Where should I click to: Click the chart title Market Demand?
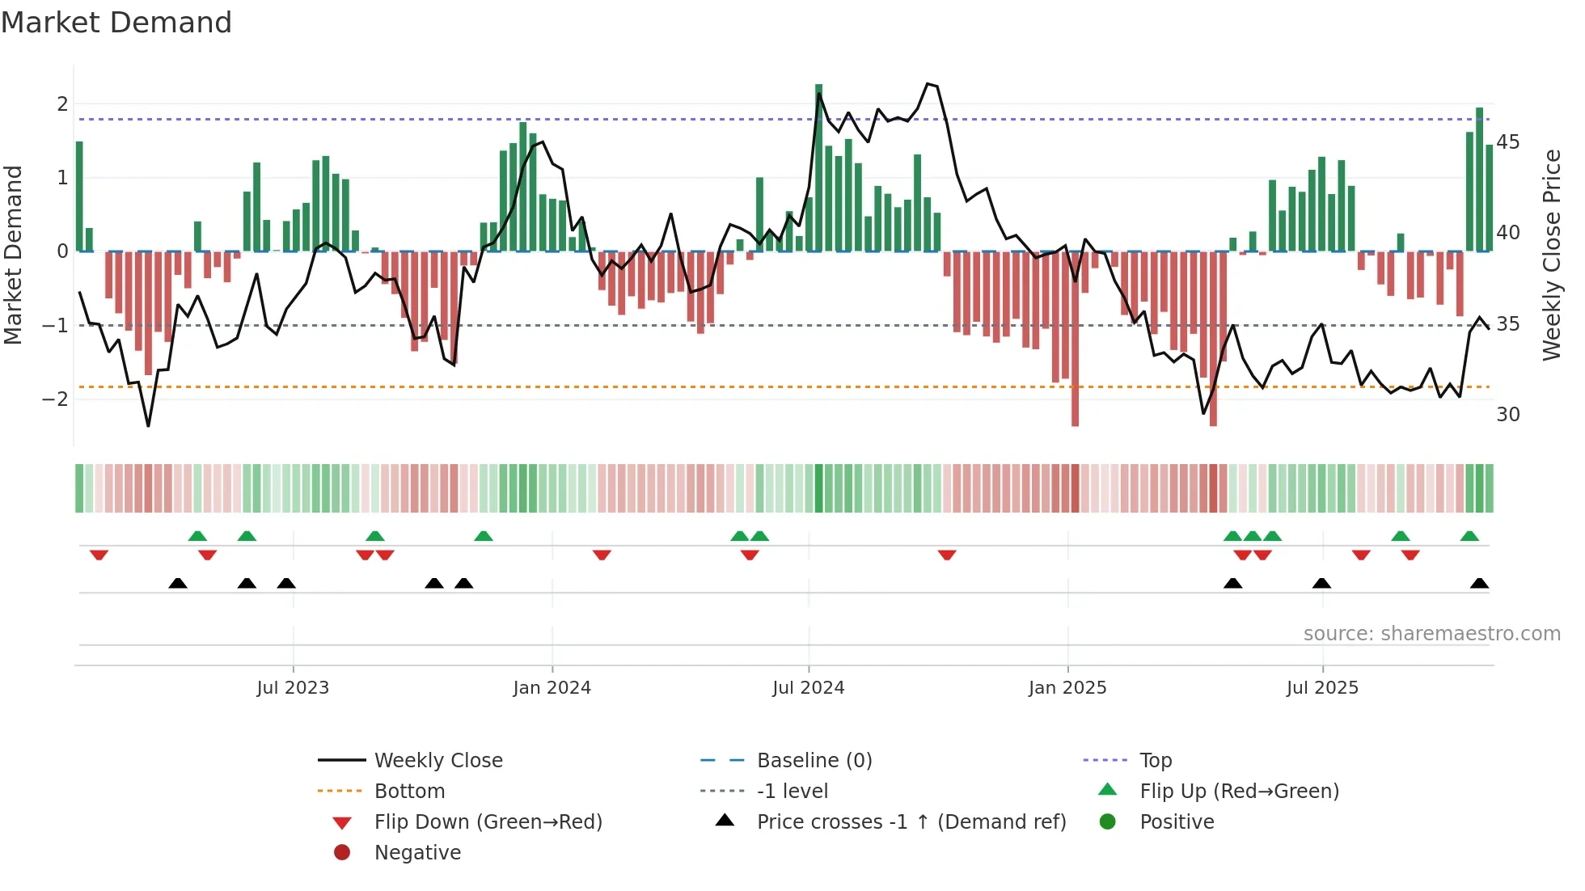pos(116,23)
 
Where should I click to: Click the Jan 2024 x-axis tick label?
pos(552,688)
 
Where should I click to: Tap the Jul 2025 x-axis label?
pos(1322,688)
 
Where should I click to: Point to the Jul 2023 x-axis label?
pos(293,688)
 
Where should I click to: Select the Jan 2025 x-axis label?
pos(1067,688)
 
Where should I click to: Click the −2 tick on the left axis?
pos(55,399)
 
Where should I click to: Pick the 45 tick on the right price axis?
pos(1508,142)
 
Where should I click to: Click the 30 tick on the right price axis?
pos(1508,415)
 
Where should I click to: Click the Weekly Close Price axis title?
pos(1551,255)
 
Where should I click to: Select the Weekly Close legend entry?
pos(438,761)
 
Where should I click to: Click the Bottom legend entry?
pos(409,792)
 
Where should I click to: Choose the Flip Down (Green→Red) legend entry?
pos(488,822)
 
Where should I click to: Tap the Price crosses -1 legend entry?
pos(911,822)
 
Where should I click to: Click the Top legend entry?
pos(1156,761)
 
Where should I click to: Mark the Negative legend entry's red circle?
pos(342,853)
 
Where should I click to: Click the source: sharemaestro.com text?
pos(1431,634)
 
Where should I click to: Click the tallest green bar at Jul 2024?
pos(818,168)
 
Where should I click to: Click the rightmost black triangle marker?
pos(1479,583)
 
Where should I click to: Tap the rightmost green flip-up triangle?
pos(1469,536)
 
